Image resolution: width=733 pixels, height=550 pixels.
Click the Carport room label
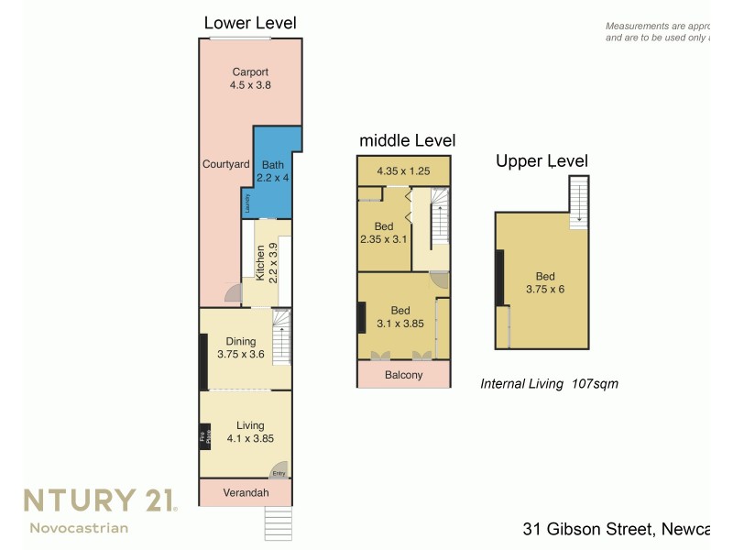pyautogui.click(x=250, y=78)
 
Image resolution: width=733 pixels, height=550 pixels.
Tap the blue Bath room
pyautogui.click(x=273, y=171)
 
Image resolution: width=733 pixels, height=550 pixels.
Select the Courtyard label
pyautogui.click(x=225, y=164)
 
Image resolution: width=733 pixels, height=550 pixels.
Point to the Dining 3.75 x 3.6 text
pyautogui.click(x=240, y=347)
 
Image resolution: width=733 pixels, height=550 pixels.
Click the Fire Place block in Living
pyautogui.click(x=205, y=438)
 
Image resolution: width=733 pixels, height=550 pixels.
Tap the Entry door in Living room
pyautogui.click(x=279, y=471)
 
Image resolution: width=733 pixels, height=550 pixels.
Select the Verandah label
pyautogui.click(x=246, y=493)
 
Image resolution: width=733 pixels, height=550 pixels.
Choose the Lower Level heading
pyautogui.click(x=250, y=23)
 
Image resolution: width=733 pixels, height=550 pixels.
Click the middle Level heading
pyautogui.click(x=407, y=140)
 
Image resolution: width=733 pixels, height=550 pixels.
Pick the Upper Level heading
pyautogui.click(x=542, y=161)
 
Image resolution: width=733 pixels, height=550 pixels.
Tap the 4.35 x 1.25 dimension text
pyautogui.click(x=403, y=170)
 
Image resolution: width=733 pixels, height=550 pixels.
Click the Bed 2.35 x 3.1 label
pyautogui.click(x=384, y=233)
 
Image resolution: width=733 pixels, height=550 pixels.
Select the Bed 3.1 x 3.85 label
pyautogui.click(x=401, y=316)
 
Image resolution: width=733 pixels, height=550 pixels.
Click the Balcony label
pyautogui.click(x=403, y=375)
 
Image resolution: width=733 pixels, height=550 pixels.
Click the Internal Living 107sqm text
pyautogui.click(x=549, y=384)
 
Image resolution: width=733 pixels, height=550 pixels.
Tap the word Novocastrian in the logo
pyautogui.click(x=79, y=528)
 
